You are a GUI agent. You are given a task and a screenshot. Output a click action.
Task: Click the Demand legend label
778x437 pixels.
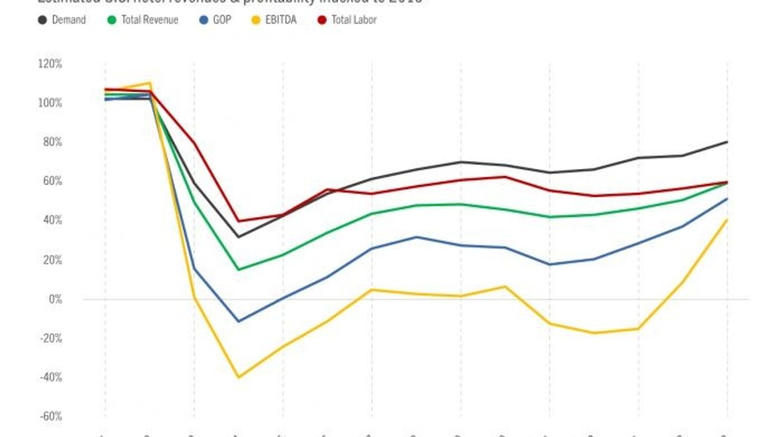point(69,20)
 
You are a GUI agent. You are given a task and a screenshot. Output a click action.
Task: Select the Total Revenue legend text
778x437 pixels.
point(149,20)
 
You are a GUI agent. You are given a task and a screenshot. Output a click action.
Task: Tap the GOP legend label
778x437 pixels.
point(222,20)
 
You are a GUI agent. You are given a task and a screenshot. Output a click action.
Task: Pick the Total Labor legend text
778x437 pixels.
point(354,20)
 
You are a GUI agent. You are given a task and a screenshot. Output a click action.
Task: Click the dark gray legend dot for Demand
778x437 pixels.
point(42,20)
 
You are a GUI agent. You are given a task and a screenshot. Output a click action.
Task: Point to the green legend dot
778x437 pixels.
point(112,20)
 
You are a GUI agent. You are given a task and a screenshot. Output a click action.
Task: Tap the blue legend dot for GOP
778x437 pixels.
point(204,20)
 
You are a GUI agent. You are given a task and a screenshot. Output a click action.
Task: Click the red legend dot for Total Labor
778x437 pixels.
point(322,20)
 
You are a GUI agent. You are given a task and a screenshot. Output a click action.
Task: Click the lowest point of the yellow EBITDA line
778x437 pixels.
point(239,377)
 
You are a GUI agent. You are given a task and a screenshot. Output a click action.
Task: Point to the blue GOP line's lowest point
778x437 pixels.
point(239,321)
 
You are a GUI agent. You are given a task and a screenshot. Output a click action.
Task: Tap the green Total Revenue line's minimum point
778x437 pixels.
point(239,269)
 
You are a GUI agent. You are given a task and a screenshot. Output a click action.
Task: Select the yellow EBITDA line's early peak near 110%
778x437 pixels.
point(149,83)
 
